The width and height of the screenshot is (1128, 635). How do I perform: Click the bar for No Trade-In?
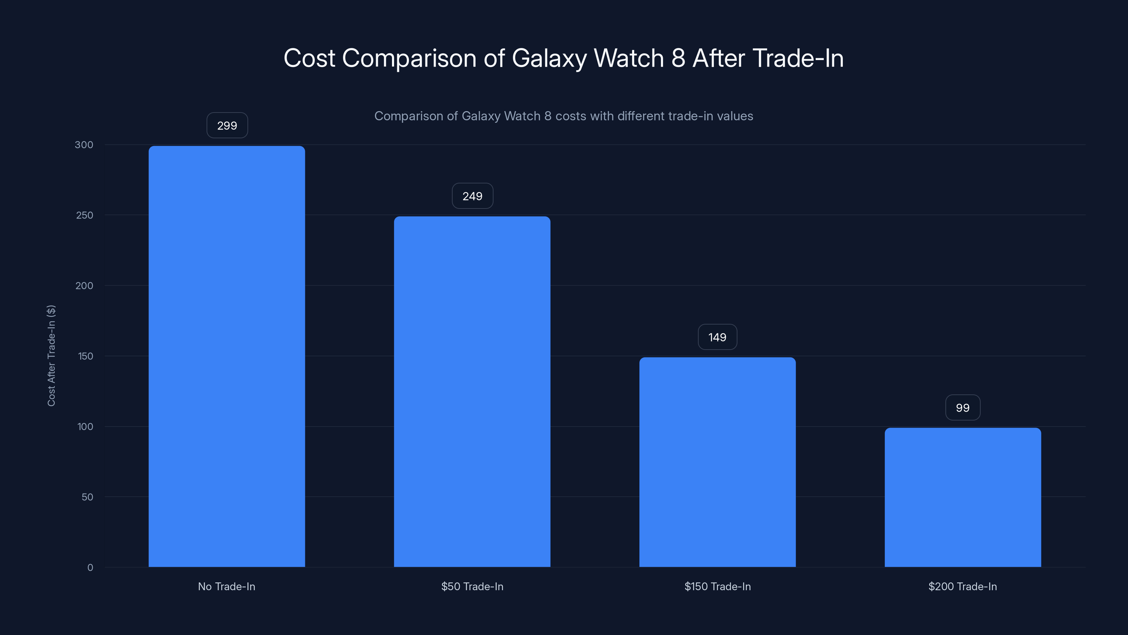227,356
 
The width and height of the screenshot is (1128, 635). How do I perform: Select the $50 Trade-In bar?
472,391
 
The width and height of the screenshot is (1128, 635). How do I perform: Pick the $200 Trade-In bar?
962,497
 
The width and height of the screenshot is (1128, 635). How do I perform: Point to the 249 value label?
472,196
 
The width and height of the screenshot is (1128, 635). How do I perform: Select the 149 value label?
717,338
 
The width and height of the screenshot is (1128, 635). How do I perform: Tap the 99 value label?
962,408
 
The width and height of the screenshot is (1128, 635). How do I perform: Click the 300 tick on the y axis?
84,145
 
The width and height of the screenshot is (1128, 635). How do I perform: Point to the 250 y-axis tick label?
85,215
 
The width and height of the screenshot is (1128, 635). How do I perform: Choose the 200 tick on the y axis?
85,286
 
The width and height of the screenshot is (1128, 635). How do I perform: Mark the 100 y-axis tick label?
85,427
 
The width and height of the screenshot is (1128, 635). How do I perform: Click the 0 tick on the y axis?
90,568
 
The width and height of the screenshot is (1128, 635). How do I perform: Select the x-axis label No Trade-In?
226,586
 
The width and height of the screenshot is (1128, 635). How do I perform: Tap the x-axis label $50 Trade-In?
472,586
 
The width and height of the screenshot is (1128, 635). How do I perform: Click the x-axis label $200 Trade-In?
962,586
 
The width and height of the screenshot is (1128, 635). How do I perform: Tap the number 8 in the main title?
678,58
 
